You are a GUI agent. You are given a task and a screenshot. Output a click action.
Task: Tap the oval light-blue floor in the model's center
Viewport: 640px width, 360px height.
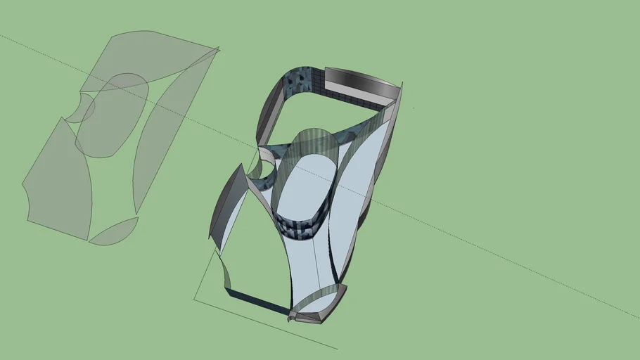[x=302, y=186]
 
